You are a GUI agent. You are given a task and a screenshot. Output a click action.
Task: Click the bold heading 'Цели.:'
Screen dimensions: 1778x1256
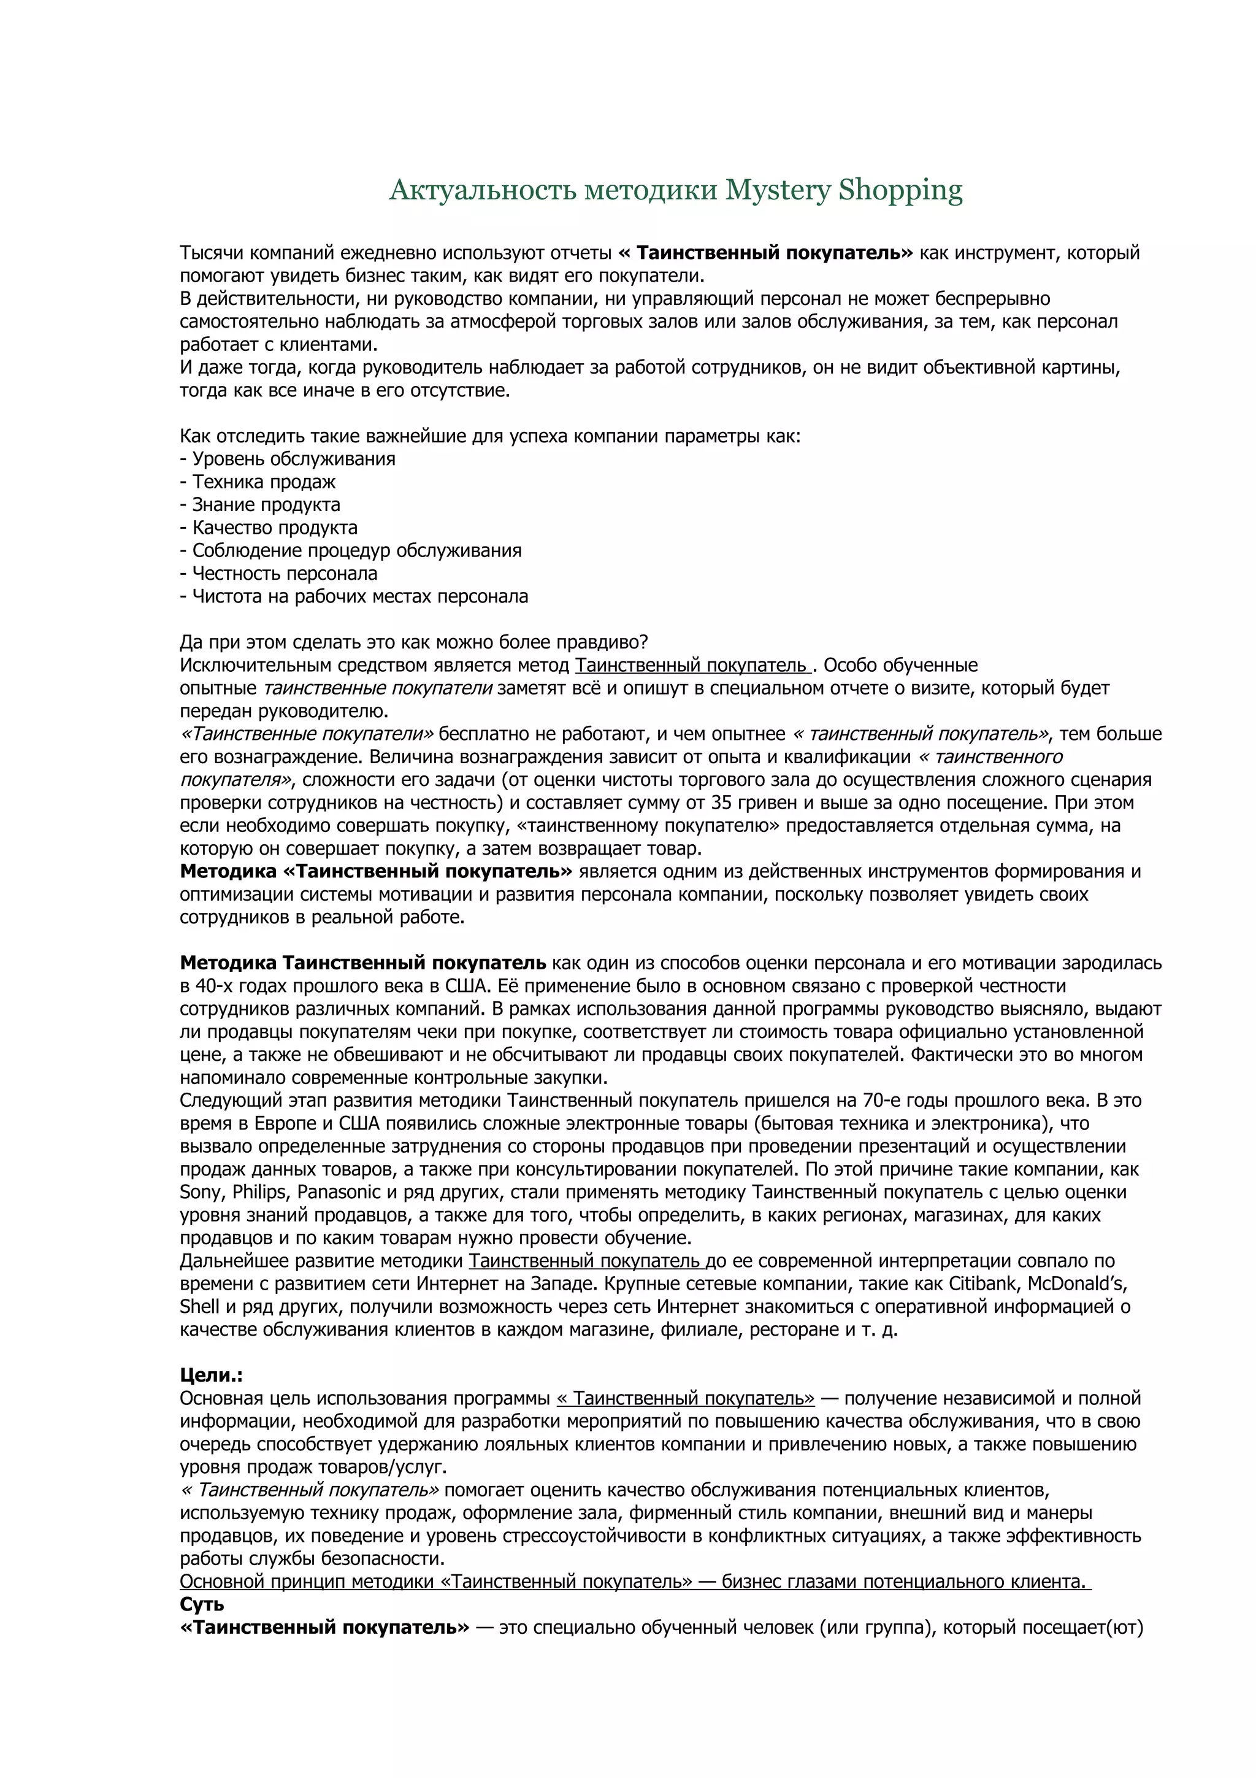coord(211,1376)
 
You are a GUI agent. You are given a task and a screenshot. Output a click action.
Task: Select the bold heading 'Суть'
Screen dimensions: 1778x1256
coord(202,1604)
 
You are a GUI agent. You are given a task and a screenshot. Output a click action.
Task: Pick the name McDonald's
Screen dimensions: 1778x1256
coord(1078,1284)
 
